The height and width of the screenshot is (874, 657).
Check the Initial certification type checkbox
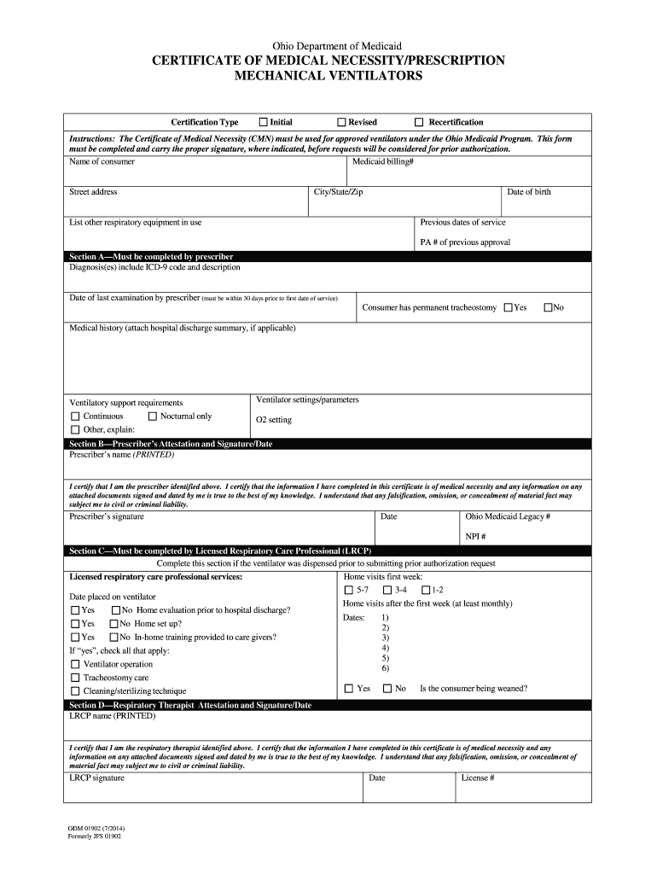263,122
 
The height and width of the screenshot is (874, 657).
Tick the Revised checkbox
341,122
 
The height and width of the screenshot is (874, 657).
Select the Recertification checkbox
419,122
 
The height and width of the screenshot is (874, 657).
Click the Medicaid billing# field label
383,161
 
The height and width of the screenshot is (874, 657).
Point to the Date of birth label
529,192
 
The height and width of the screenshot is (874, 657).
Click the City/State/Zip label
339,192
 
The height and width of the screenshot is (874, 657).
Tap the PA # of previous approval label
465,242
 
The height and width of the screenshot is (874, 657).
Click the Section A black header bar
328,256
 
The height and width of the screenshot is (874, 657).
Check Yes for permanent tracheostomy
509,307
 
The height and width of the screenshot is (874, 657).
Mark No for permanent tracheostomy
548,307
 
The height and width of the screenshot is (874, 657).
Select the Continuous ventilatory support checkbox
75,417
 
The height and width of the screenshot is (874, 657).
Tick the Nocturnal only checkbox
153,417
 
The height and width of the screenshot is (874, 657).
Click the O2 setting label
274,420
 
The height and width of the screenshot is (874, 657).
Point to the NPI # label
475,537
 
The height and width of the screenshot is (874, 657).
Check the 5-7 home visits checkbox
348,590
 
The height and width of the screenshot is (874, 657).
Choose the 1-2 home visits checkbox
425,590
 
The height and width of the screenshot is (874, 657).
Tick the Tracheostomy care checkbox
75,678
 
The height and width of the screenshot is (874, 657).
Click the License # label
478,778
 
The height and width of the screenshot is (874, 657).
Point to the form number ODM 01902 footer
96,828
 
